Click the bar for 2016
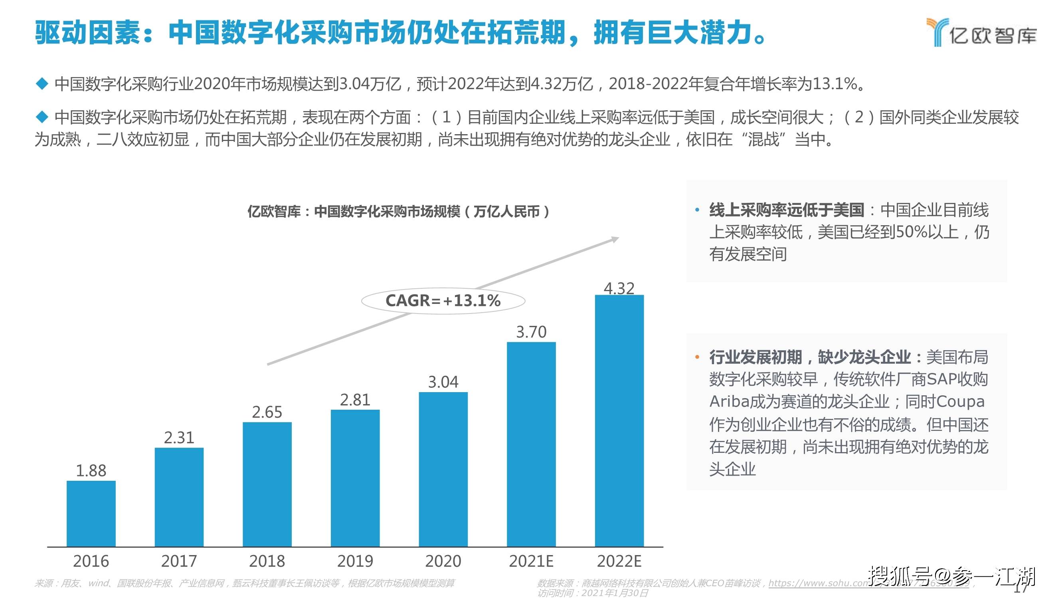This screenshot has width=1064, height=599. tap(91, 514)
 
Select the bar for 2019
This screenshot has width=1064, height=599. tap(355, 478)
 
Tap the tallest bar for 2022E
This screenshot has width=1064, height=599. tap(619, 420)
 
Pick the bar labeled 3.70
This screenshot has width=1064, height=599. tap(531, 444)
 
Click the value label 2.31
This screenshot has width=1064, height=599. tap(179, 437)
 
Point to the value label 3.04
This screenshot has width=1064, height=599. tap(443, 381)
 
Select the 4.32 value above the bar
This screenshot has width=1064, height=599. tap(619, 288)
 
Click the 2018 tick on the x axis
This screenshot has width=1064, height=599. tap(267, 561)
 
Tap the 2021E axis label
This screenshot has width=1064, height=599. tap(531, 561)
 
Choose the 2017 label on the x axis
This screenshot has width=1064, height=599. tap(179, 561)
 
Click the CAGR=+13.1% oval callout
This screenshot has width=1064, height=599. tap(443, 301)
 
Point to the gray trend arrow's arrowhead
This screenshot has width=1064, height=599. tap(615, 239)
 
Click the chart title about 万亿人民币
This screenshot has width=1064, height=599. tap(399, 212)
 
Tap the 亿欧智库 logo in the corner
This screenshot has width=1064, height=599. tap(981, 32)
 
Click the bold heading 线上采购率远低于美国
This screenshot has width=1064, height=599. tap(787, 210)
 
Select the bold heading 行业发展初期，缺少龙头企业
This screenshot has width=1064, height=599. tap(809, 357)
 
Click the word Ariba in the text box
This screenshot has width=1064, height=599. tap(729, 401)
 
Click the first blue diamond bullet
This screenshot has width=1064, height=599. tap(42, 84)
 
